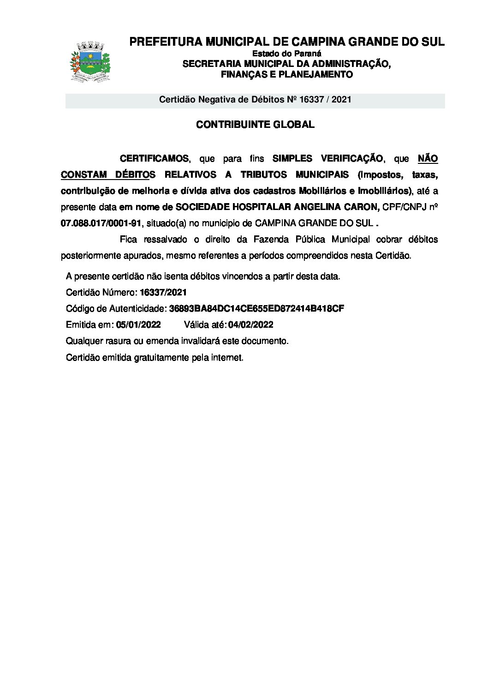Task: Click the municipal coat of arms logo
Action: pos(90,61)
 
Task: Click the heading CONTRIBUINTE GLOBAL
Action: pos(255,125)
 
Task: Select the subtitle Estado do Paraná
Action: pos(286,54)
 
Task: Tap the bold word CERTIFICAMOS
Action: pos(154,159)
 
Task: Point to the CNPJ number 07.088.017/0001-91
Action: pos(101,223)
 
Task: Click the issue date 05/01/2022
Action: pos(138,324)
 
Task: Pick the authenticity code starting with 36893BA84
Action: pos(256,308)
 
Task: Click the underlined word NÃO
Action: pos(428,159)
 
